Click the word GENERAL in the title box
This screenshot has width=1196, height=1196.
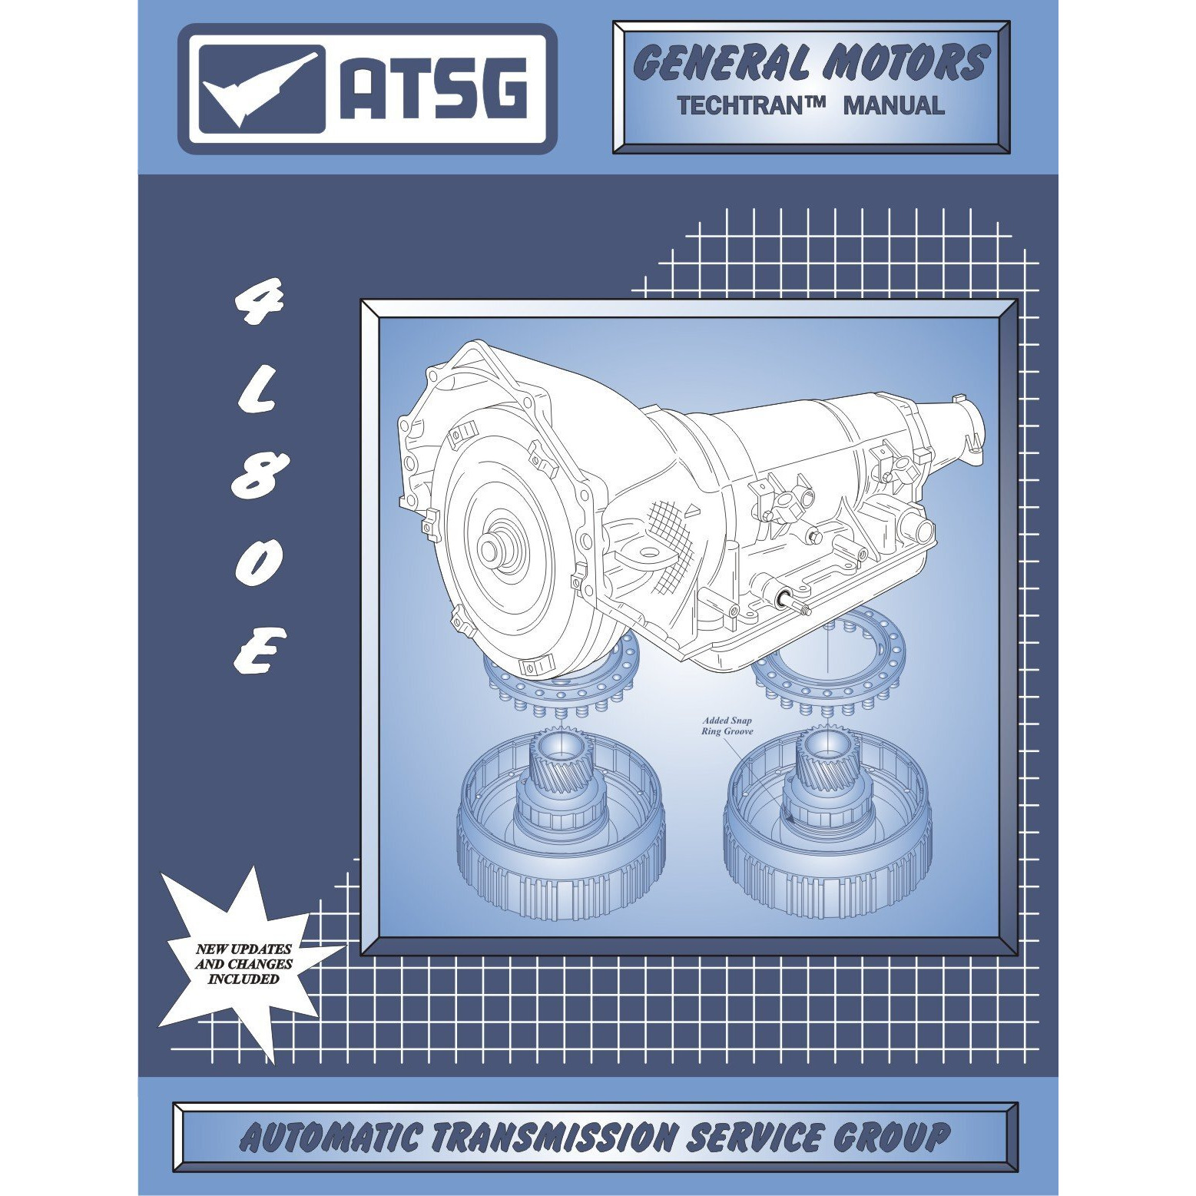click(x=722, y=64)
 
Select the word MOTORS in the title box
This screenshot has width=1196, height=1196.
click(x=904, y=63)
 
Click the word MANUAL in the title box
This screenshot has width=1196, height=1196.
click(x=894, y=106)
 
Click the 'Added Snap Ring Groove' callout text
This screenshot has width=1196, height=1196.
click(x=727, y=726)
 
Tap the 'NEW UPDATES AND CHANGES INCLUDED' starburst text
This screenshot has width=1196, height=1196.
click(x=244, y=963)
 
